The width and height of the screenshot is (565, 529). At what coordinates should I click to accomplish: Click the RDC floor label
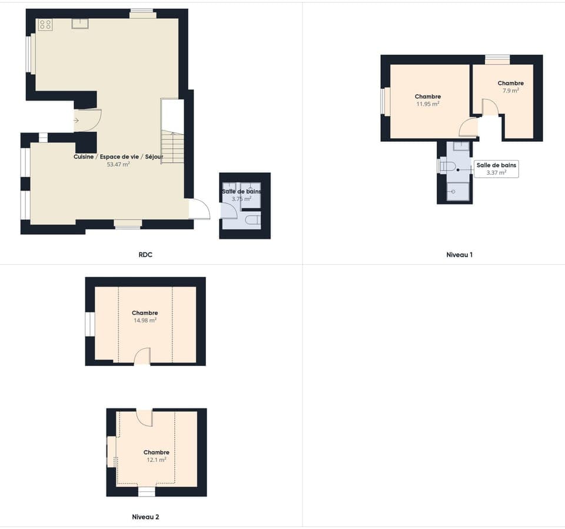click(x=145, y=255)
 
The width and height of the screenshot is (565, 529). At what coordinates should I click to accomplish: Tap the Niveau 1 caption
click(x=460, y=255)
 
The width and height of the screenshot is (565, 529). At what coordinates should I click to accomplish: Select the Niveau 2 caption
click(x=145, y=517)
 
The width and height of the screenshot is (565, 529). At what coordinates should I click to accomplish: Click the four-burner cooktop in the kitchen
click(x=45, y=24)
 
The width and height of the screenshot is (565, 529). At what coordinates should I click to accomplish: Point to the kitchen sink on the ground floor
click(x=80, y=24)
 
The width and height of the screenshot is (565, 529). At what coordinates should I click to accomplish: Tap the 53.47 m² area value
click(x=118, y=165)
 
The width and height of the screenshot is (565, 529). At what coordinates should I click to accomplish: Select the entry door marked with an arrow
click(x=87, y=120)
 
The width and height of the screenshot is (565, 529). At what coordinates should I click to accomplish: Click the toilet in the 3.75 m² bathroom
click(x=252, y=221)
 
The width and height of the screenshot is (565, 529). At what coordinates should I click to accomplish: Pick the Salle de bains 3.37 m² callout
click(x=496, y=169)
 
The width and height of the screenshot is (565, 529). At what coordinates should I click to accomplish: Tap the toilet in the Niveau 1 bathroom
click(x=448, y=167)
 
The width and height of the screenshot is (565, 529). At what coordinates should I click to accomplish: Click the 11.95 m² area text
click(x=427, y=104)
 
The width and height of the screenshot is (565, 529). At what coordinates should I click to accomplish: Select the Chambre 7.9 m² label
click(x=510, y=87)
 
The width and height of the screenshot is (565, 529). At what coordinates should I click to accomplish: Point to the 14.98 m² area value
click(x=145, y=321)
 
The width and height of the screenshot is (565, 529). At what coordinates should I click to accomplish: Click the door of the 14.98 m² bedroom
click(x=142, y=357)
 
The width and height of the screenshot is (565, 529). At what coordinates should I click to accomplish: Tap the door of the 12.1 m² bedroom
click(x=144, y=417)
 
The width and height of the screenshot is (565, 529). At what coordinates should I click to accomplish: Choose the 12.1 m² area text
click(x=156, y=460)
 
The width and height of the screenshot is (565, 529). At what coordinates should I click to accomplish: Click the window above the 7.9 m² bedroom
click(x=497, y=59)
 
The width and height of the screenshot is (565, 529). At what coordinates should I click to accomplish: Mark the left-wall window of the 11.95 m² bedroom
click(x=385, y=101)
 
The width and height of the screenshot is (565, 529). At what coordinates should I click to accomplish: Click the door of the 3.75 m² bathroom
click(x=228, y=211)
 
